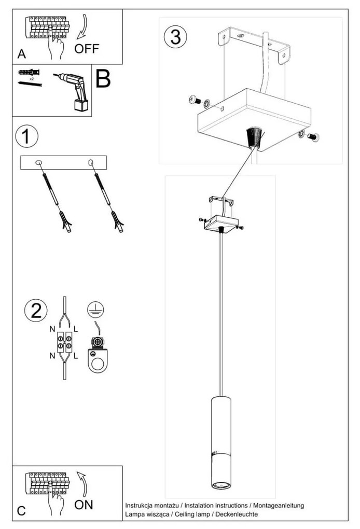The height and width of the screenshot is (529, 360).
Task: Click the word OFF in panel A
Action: (x=86, y=49)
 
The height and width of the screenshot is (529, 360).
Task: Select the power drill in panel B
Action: (x=73, y=91)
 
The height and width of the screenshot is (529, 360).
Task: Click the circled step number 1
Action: (x=26, y=137)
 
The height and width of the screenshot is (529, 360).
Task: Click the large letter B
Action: (x=103, y=79)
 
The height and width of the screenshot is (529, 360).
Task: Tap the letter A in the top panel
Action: (x=21, y=53)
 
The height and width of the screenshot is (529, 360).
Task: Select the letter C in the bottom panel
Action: (x=21, y=511)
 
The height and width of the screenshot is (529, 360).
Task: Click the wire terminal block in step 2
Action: (x=65, y=342)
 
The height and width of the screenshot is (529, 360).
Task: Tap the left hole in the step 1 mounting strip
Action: (x=38, y=163)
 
